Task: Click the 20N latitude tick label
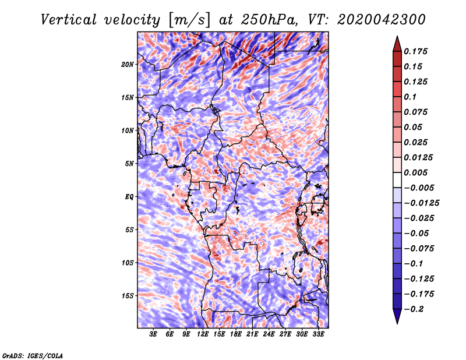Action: coord(128,65)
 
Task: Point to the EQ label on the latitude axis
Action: coord(129,197)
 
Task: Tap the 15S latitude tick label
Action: coord(128,296)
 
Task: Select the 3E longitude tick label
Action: coord(153,334)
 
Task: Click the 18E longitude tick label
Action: coord(236,334)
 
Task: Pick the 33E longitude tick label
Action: coord(318,334)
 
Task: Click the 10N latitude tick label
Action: coord(128,130)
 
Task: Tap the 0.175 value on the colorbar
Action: coord(415,51)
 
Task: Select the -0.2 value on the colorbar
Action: coord(414,309)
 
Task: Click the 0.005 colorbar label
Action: coord(415,172)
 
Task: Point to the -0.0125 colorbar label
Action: coord(421,203)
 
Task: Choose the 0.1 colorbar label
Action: coord(410,97)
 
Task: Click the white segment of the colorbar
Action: coord(397,180)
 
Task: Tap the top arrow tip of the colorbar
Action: coord(397,36)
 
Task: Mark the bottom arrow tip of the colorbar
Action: coord(397,323)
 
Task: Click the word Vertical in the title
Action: coord(69,20)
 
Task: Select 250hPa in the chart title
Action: coord(270,20)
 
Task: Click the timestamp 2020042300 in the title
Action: coord(382,20)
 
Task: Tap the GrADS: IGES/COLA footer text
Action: coord(33,355)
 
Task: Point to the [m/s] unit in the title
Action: coord(189,20)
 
